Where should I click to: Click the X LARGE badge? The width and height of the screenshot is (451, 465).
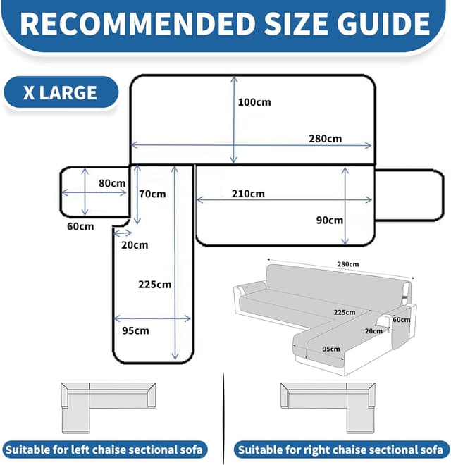click(x=61, y=92)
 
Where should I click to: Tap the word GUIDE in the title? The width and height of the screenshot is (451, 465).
click(x=383, y=24)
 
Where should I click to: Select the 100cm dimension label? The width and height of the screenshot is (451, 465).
click(x=254, y=102)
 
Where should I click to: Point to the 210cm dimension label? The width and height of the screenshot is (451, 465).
click(x=248, y=194)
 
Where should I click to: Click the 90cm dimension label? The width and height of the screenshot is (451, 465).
click(x=330, y=221)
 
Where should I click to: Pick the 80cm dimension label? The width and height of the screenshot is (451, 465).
click(x=112, y=183)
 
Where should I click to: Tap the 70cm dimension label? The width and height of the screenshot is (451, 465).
click(x=152, y=194)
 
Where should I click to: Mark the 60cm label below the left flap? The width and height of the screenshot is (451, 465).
click(x=80, y=227)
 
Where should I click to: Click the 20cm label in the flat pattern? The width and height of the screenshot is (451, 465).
click(x=135, y=245)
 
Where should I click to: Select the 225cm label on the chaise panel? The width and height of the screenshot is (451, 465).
click(x=155, y=285)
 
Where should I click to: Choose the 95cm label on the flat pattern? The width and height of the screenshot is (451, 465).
click(x=135, y=330)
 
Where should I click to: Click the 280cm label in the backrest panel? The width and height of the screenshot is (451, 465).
click(x=325, y=139)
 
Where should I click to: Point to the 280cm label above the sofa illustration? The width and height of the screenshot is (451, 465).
click(x=347, y=264)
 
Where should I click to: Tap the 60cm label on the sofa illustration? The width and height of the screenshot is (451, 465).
click(x=402, y=320)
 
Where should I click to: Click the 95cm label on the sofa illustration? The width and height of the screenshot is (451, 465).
click(x=331, y=349)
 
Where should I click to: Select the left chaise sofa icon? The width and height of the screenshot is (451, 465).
click(x=109, y=408)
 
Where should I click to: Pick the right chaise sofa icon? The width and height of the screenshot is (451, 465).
click(x=328, y=408)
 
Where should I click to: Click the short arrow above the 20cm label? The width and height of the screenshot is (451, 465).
click(x=123, y=233)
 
